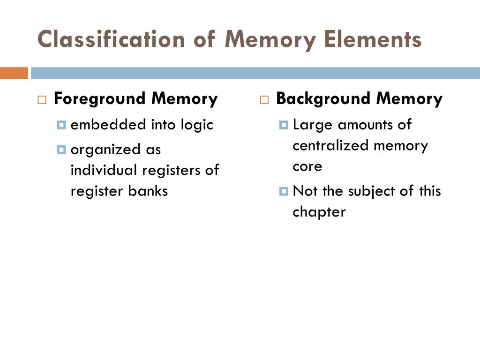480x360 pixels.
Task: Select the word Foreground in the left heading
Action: click(x=100, y=99)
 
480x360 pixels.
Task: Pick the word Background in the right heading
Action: click(x=324, y=99)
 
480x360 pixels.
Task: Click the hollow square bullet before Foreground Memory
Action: click(x=42, y=100)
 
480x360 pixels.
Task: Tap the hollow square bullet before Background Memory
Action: click(x=264, y=100)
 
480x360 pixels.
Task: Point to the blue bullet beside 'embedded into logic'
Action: click(x=61, y=125)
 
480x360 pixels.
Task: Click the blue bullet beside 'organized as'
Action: click(x=61, y=150)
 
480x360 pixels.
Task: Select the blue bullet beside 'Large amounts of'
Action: click(x=283, y=125)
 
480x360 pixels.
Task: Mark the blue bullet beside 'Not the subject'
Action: click(x=283, y=191)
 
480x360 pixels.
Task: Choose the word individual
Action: click(x=104, y=170)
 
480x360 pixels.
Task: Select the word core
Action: click(x=307, y=166)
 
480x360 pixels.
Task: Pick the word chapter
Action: click(x=319, y=212)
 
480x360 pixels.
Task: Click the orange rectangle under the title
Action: click(x=14, y=73)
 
